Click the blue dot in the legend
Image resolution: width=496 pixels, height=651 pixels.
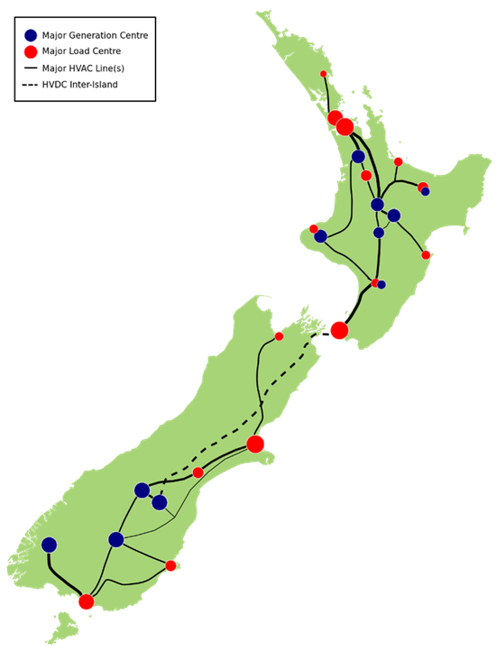point(31,35)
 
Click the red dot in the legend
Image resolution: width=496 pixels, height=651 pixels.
point(31,52)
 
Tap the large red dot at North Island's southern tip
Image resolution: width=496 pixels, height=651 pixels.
point(339,330)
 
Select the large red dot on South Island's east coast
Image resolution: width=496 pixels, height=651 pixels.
point(255,444)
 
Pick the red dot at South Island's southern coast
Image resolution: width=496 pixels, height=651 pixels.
point(87,601)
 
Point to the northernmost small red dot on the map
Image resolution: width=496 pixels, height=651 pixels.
point(323,74)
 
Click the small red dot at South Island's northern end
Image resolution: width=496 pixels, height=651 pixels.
point(279,336)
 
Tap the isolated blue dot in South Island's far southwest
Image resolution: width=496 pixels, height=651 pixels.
point(49,545)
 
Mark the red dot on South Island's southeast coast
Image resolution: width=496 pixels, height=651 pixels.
point(170,565)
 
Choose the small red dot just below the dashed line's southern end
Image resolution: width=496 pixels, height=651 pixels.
point(198,472)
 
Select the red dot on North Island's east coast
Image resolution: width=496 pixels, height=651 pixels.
point(426,254)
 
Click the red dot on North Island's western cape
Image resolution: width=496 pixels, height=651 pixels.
point(314,228)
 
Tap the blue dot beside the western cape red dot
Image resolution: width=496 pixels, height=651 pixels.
point(321,236)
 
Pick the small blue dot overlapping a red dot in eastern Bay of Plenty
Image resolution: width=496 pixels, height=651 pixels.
point(426,191)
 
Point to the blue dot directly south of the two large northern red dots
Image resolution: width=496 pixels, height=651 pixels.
point(358,157)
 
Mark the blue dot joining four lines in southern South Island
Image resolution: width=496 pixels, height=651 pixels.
point(115,539)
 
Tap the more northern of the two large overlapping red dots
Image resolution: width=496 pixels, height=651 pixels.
point(335,117)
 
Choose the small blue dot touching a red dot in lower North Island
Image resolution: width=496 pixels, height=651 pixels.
point(381,285)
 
